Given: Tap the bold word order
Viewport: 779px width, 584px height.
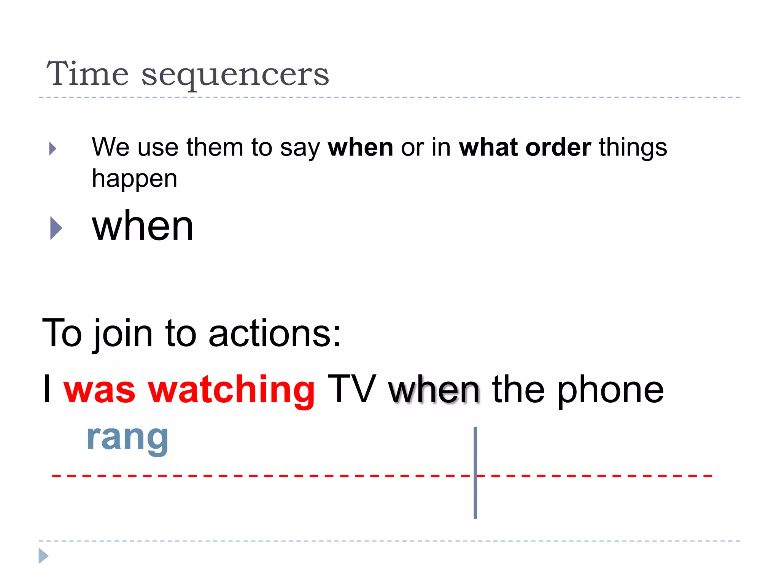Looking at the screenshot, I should pos(558,148).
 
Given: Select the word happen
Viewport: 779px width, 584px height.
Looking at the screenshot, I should pos(135,179).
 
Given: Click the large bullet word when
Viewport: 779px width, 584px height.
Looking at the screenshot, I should pos(143,227).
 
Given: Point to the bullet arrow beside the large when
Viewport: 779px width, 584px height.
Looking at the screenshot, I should pos(56,228).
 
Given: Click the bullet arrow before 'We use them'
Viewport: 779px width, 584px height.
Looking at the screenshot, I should pos(52,149).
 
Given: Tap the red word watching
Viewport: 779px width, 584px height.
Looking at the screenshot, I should pos(231,389).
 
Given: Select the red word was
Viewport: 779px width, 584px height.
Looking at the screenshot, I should pos(99,390).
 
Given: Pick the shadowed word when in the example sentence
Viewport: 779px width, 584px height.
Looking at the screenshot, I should pos(434,389).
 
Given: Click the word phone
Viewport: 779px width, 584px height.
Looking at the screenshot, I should pos(610,390).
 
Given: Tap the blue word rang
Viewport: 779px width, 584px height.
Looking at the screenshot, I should pos(127,438).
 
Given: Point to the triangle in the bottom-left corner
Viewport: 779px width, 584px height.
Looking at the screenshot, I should pos(43,556).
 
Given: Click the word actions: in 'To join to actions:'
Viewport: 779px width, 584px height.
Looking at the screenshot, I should pos(274,333).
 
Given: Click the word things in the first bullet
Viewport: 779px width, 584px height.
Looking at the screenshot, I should pos(633,148).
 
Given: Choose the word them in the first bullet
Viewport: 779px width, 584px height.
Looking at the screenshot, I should pos(215,148).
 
